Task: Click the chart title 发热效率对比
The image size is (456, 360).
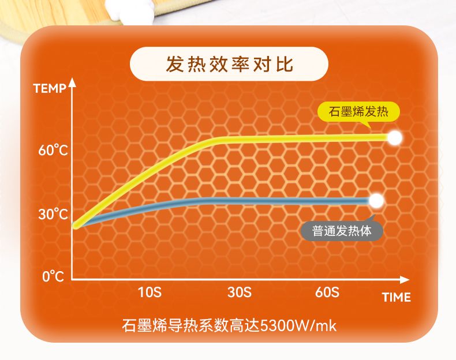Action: point(230,64)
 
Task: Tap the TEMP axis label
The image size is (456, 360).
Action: point(50,88)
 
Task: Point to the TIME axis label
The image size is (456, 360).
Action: point(397,297)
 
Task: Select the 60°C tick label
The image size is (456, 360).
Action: point(53,150)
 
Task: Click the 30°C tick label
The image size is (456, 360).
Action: point(53,214)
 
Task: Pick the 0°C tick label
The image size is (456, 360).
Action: point(53,276)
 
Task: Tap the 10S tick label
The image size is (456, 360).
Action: point(149,292)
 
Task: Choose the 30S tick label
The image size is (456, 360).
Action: point(240,292)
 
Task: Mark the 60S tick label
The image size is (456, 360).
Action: point(327,292)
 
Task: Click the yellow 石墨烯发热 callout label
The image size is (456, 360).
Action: point(358,112)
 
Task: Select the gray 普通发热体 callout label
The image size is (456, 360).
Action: point(342,231)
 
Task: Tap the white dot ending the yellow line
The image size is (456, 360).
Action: point(395,138)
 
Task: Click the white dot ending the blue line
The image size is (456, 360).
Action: point(376,201)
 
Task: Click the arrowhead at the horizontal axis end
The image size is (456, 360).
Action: point(405,280)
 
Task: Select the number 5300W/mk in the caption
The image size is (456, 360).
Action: point(298,326)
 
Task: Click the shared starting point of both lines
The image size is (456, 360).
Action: point(76,226)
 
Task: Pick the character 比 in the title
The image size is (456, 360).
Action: point(285,64)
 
